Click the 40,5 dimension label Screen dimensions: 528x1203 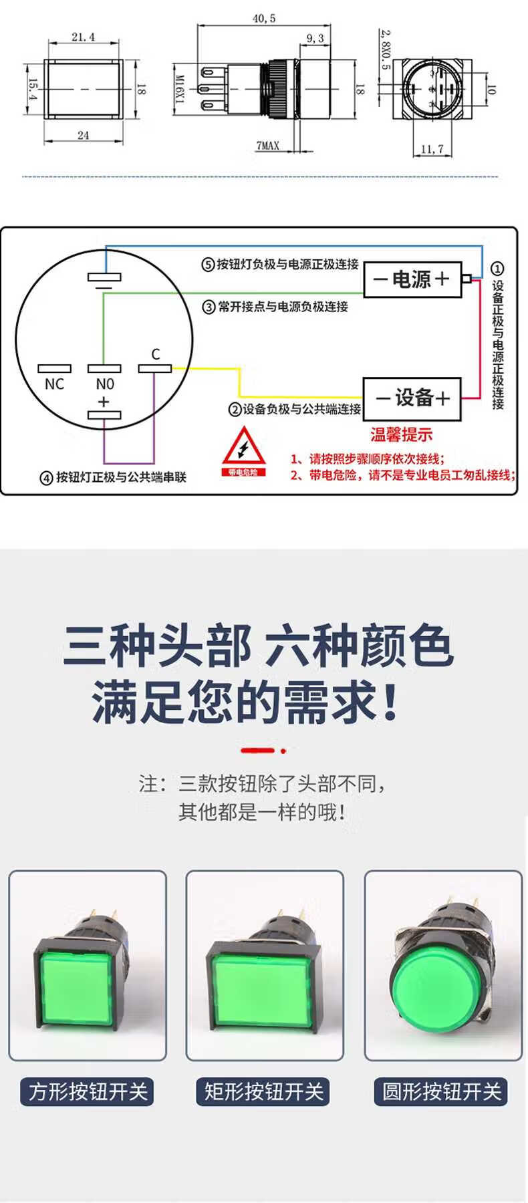pyautogui.click(x=264, y=19)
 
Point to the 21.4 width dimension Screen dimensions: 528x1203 pyautogui.click(x=83, y=37)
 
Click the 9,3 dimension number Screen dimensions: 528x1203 pyautogui.click(x=315, y=39)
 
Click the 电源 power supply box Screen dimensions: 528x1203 pyautogui.click(x=412, y=279)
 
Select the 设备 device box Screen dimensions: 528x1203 pyautogui.click(x=412, y=398)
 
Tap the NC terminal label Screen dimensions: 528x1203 pyautogui.click(x=54, y=384)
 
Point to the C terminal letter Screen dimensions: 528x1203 pyautogui.click(x=156, y=354)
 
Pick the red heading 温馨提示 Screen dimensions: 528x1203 pyautogui.click(x=402, y=435)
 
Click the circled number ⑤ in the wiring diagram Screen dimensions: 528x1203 pyautogui.click(x=208, y=265)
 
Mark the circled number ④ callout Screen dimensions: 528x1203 pyautogui.click(x=46, y=478)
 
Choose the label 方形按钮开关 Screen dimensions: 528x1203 pyautogui.click(x=88, y=1092)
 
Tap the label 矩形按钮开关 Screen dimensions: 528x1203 pyautogui.click(x=264, y=1092)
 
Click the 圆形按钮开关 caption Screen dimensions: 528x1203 pyautogui.click(x=441, y=1092)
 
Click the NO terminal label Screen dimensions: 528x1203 pyautogui.click(x=105, y=384)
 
